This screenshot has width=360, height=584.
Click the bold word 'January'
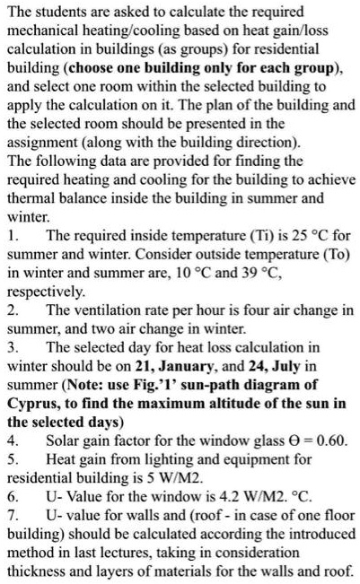(x=217, y=384)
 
